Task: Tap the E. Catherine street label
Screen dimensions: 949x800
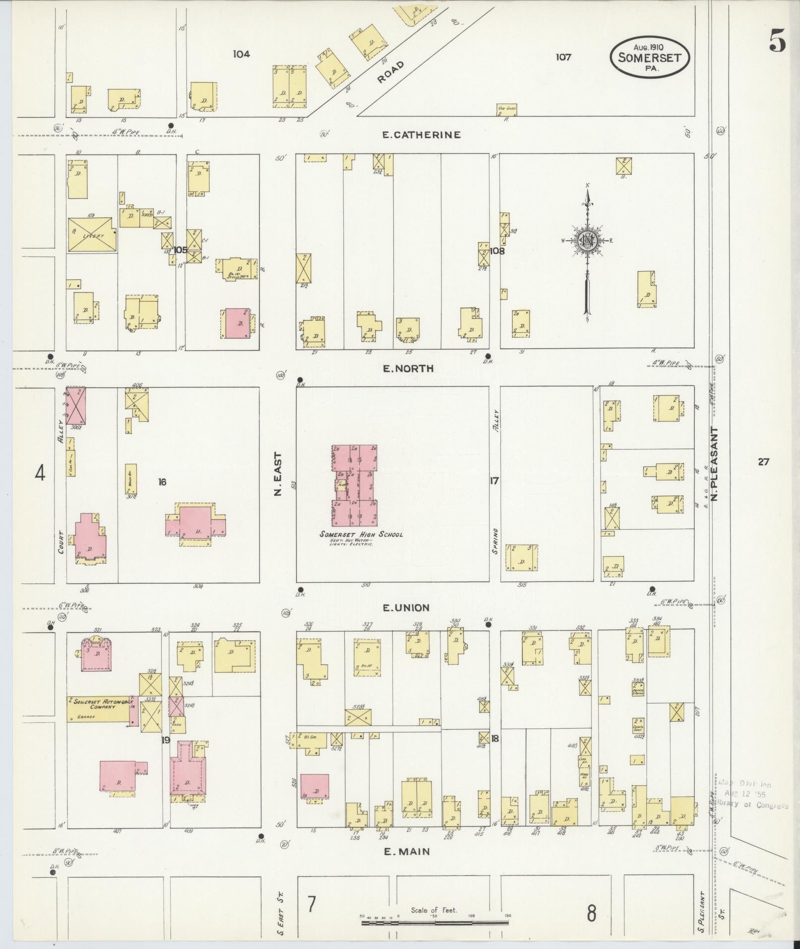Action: pos(422,134)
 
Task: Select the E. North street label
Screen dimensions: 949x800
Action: pos(409,368)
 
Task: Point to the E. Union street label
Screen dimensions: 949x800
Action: pos(406,607)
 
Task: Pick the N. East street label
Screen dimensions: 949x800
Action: pos(278,474)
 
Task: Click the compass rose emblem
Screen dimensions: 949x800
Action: pos(588,241)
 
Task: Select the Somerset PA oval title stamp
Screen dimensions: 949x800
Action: pos(650,57)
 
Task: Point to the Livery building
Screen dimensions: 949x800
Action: pos(92,234)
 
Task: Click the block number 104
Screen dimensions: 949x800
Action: pos(242,54)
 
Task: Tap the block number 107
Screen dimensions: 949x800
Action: pos(563,57)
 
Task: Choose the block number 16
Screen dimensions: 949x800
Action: pos(162,481)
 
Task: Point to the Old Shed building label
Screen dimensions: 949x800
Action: pos(506,108)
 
